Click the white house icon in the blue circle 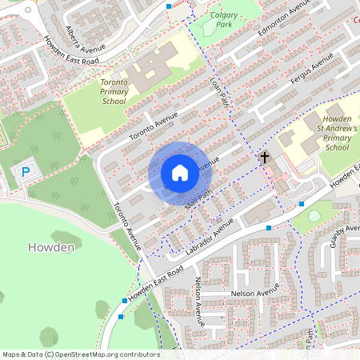pyautogui.click(x=179, y=173)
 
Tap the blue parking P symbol pyautogui.click(x=26, y=171)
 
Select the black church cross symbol pyautogui.click(x=265, y=158)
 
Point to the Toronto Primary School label pyautogui.click(x=114, y=92)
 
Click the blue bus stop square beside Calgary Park pyautogui.click(x=168, y=6)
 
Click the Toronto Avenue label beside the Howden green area pyautogui.click(x=126, y=226)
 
